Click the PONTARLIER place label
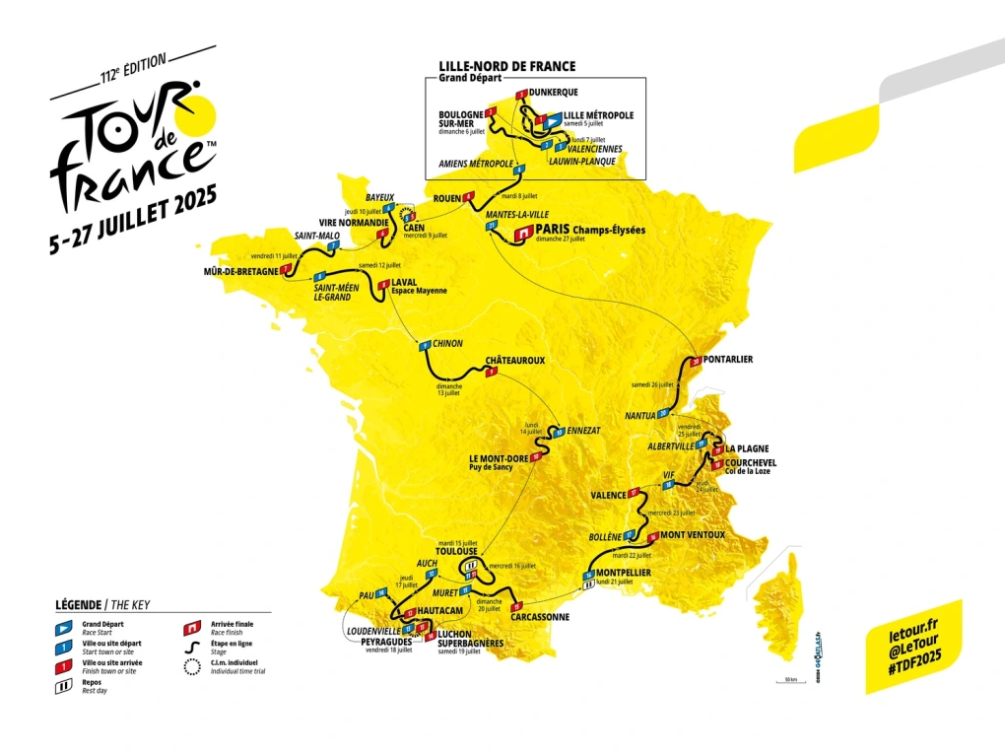coord(730,360)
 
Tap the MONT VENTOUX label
coord(693,535)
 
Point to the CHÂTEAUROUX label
coord(514,361)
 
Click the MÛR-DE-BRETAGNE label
coord(240,272)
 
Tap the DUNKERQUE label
coord(553,93)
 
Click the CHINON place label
coord(447,344)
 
